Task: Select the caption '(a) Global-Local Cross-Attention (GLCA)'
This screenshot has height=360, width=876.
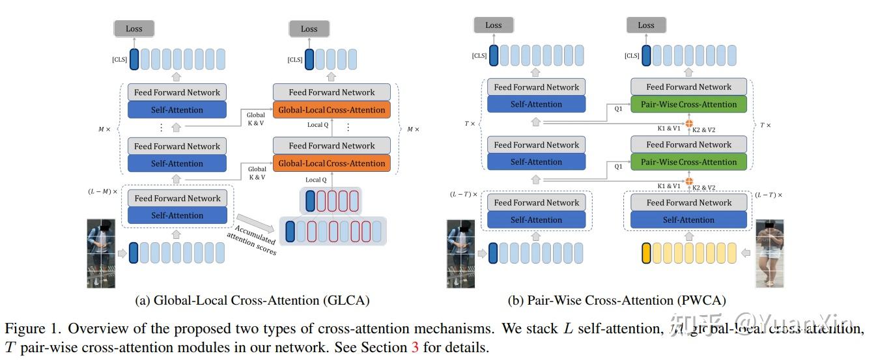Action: click(252, 300)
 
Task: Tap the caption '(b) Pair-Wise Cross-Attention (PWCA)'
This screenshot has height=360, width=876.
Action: click(617, 300)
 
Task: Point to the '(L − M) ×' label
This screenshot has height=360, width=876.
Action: click(102, 192)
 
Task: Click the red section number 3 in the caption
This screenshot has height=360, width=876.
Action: click(414, 347)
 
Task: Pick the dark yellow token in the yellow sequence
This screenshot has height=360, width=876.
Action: click(647, 253)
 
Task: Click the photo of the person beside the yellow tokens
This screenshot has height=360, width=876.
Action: click(769, 253)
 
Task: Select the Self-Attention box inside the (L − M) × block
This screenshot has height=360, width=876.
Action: click(177, 215)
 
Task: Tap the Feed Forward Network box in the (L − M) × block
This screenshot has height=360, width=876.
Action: click(177, 198)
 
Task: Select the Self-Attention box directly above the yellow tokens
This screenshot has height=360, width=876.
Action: click(688, 220)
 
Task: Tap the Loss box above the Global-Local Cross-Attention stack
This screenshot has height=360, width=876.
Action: click(309, 29)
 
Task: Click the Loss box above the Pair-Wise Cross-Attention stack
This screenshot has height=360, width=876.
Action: click(645, 25)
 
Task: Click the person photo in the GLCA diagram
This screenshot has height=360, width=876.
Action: click(101, 253)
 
